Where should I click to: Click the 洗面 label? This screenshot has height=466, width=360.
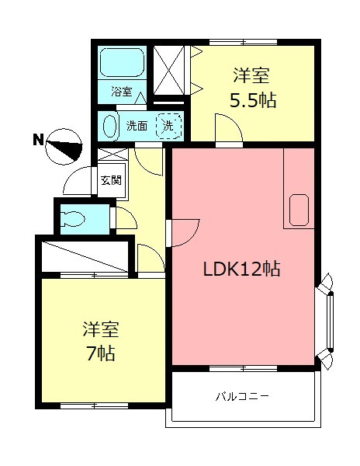pos(137,126)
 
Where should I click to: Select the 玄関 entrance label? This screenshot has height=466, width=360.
pos(111,180)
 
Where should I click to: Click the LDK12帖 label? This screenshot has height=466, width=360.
pos(241,270)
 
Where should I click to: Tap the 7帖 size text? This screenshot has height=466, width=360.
pos(100,353)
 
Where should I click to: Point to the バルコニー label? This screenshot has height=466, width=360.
pos(242,397)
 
